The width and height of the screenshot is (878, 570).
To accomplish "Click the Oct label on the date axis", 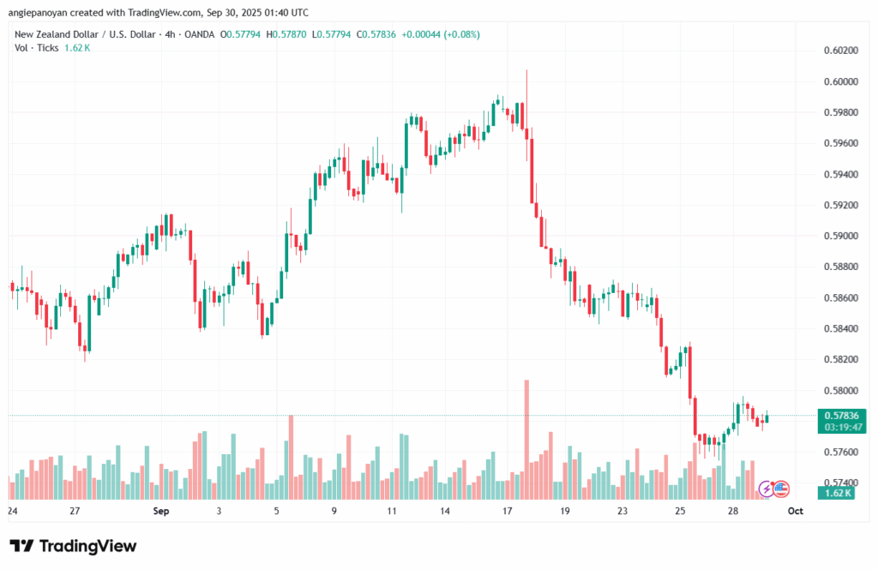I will (795, 511).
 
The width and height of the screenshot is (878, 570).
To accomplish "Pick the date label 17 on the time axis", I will (507, 511).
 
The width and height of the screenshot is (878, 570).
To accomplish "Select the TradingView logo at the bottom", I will (73, 546).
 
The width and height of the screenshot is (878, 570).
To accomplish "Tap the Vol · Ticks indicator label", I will (36, 48).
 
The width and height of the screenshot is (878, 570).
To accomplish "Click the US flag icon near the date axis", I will (780, 489).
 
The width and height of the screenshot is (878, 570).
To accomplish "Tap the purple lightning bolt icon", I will (766, 489).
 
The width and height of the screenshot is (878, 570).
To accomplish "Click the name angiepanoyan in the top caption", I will (43, 12).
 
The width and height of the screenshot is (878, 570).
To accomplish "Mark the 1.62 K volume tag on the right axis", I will (833, 493).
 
